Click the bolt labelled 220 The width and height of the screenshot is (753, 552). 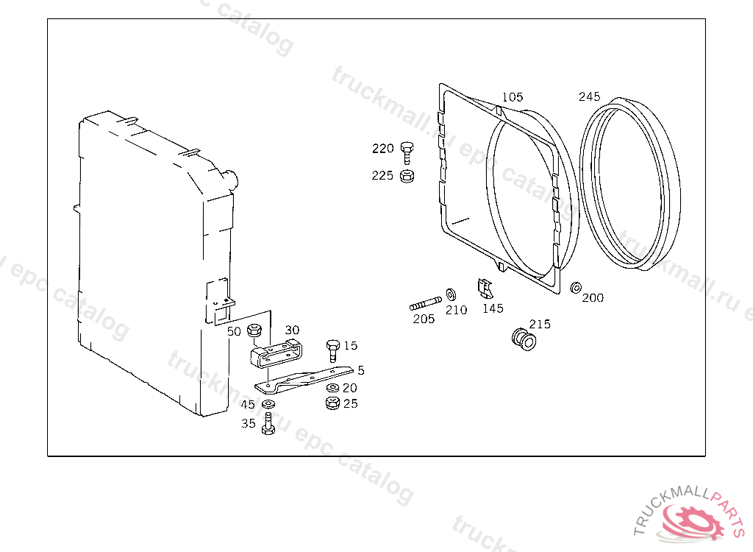(407, 152)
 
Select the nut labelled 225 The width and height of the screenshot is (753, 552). (407, 176)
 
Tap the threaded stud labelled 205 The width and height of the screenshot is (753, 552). (426, 304)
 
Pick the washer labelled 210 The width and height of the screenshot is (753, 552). (451, 294)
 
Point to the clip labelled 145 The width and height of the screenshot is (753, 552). (485, 288)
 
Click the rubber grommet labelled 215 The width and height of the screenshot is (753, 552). (524, 339)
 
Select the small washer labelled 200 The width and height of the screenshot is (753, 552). (576, 288)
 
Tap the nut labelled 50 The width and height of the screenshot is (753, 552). (254, 330)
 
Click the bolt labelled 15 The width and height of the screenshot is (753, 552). (333, 350)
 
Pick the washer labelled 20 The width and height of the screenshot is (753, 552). (332, 388)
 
